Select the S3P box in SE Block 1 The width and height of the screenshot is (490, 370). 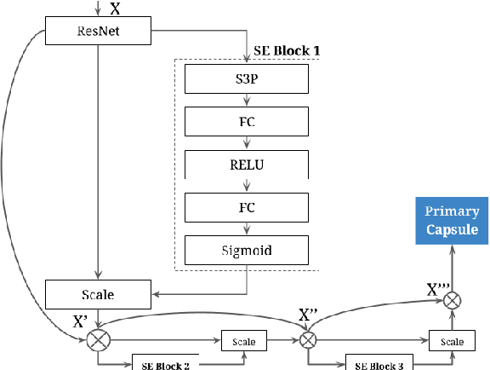247,79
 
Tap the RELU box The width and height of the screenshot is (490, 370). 247,163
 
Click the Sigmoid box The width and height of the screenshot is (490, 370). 247,250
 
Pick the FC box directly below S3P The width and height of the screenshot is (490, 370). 247,121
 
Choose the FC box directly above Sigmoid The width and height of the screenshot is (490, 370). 247,205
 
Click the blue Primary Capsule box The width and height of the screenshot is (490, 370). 452,220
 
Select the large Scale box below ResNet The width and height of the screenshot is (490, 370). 98,294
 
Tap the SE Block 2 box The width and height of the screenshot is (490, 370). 166,362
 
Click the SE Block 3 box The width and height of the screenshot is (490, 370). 379,362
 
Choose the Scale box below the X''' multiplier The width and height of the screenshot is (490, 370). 452,341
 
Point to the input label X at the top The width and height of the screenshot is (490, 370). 115,9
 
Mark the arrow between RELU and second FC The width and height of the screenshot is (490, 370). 247,184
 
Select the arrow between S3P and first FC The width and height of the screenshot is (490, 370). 247,101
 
